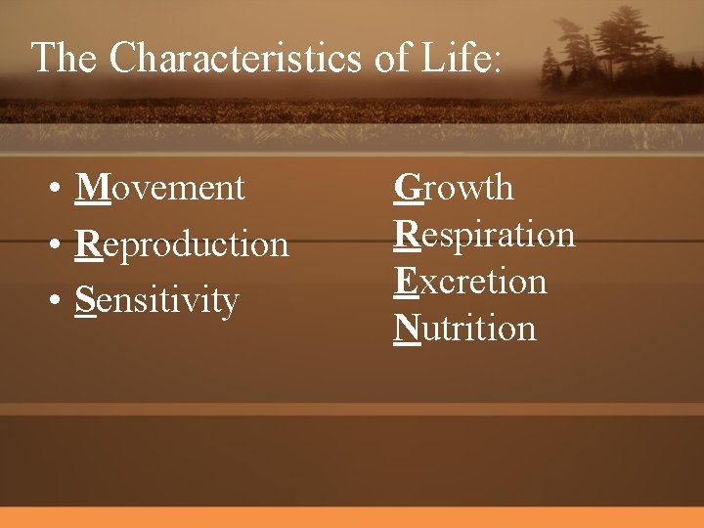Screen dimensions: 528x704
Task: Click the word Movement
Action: tap(160, 187)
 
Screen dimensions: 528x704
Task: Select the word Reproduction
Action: tap(182, 243)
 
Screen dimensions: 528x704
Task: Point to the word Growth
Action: tap(454, 187)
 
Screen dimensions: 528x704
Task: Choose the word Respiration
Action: tap(484, 235)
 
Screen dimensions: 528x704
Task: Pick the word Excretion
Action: tap(470, 282)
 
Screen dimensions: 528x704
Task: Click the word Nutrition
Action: tap(465, 329)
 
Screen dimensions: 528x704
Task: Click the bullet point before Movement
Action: tap(59, 189)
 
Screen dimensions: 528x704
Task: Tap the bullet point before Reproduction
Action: tap(59, 245)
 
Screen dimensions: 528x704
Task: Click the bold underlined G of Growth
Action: tap(408, 187)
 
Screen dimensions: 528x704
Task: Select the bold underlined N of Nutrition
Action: tap(408, 329)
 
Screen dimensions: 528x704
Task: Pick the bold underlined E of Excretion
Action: tap(406, 282)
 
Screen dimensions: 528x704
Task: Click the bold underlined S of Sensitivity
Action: tap(85, 300)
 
